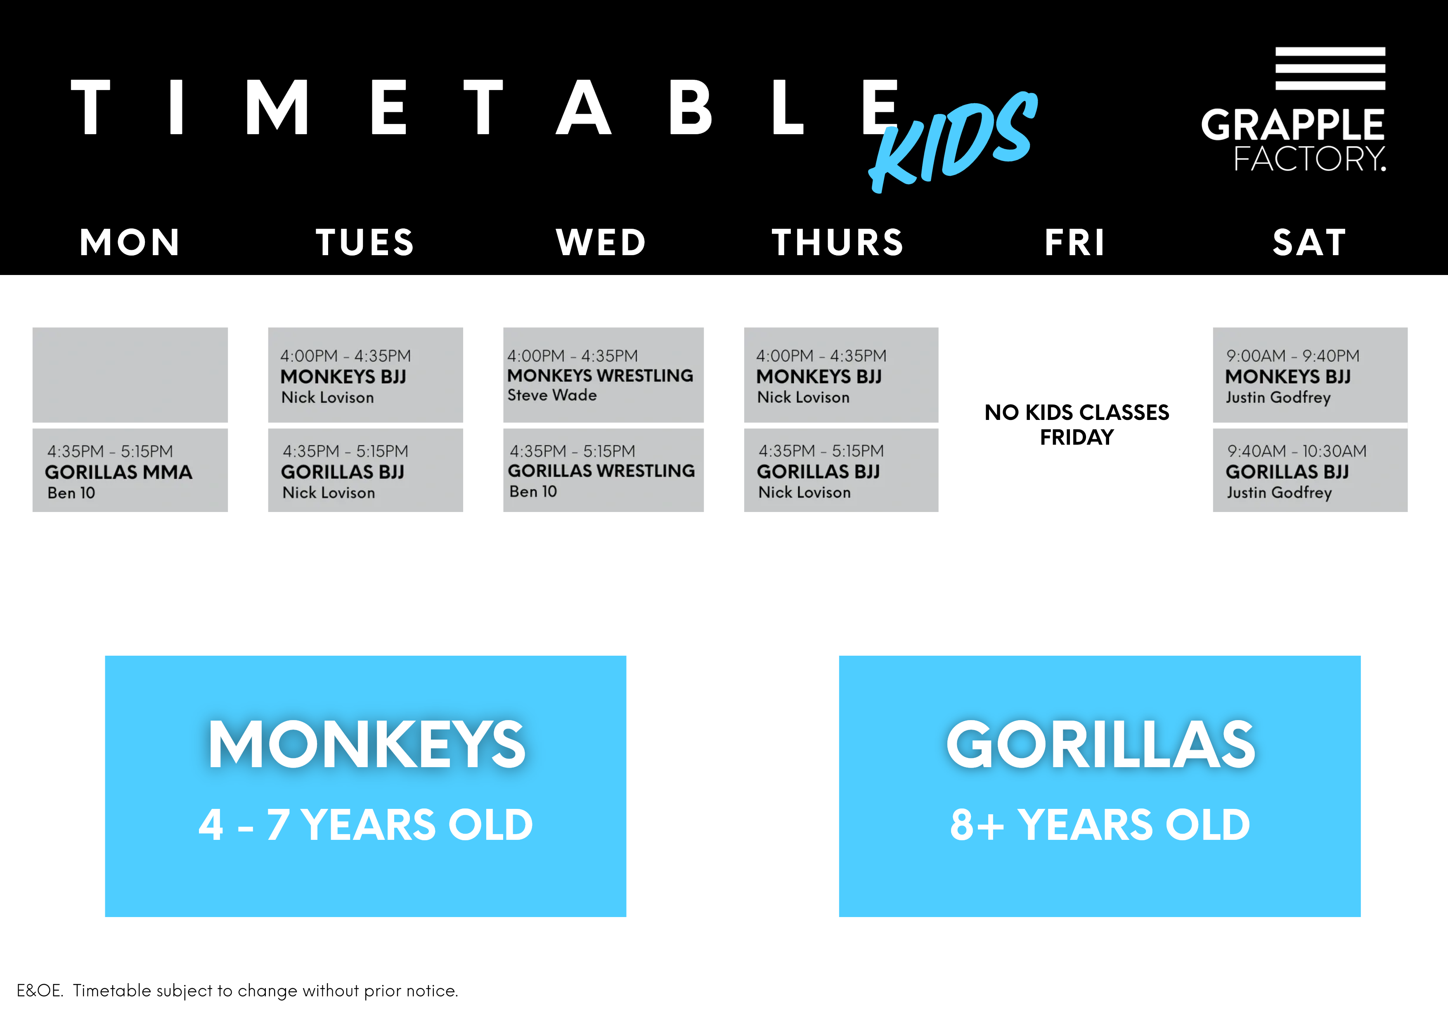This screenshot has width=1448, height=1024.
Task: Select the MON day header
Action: pos(130,242)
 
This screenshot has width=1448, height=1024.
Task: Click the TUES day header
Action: pos(364,242)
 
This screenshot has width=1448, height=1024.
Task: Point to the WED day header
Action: pos(601,242)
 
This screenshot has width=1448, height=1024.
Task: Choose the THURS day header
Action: pos(838,242)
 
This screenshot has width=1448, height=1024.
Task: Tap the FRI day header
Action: pos(1074,242)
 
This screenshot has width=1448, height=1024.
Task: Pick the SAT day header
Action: pos(1309,242)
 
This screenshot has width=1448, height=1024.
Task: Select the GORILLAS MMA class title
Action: pos(118,472)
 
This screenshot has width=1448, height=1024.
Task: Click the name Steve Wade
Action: pos(552,396)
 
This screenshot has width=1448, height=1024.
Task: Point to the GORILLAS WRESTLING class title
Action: pos(601,471)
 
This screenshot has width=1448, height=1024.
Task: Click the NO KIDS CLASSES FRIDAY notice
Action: pos(1077,424)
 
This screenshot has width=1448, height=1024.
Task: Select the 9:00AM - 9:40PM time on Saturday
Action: pos(1292,356)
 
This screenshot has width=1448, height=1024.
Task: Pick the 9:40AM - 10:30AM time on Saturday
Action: pos(1297,451)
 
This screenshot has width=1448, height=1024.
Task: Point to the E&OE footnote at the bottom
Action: pos(237,991)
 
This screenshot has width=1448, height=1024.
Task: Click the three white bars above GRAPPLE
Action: pos(1330,68)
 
